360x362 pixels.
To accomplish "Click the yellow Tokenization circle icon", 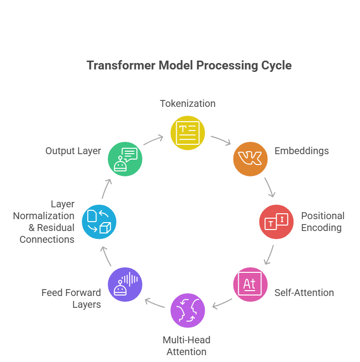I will (x=188, y=132).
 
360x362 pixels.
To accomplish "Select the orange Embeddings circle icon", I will (x=250, y=158).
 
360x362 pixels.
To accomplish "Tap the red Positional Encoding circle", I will (x=276, y=222).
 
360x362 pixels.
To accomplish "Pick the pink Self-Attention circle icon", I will (x=250, y=284).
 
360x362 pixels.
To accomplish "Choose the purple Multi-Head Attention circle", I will (x=188, y=310).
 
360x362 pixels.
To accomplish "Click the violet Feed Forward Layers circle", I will (x=125, y=284).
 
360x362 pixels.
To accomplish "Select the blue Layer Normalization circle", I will (x=98, y=222).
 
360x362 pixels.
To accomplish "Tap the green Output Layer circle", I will (x=125, y=158).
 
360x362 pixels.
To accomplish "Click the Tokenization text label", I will (x=188, y=103).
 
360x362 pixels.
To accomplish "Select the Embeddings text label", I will (x=301, y=151).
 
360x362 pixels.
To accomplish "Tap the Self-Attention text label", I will (x=304, y=293).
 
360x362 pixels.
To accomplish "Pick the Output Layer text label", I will (x=73, y=151).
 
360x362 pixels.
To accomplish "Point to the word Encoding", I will (x=321, y=228).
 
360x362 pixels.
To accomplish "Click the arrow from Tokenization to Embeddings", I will (x=220, y=140).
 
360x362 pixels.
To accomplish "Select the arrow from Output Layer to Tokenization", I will (x=154, y=140).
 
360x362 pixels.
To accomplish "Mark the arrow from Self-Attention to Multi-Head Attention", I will (x=222, y=303).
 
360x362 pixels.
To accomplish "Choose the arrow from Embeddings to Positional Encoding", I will (x=269, y=187).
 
